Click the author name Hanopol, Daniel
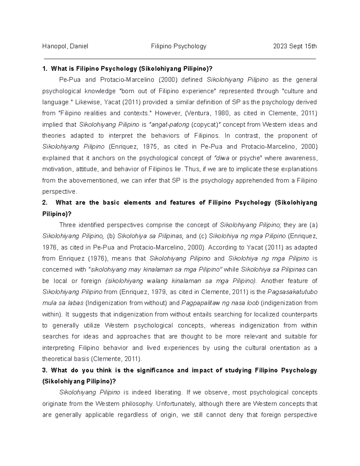pyautogui.click(x=65, y=46)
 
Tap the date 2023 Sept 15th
pyautogui.click(x=295, y=46)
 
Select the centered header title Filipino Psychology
pyautogui.click(x=179, y=46)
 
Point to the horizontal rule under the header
pyautogui.click(x=180, y=59)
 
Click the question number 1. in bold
pyautogui.click(x=45, y=69)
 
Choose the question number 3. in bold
pyautogui.click(x=45, y=370)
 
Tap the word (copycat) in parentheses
pyautogui.click(x=203, y=125)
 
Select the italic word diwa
pyautogui.click(x=220, y=158)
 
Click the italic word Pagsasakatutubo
pyautogui.click(x=292, y=292)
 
